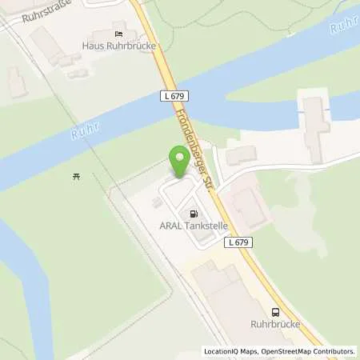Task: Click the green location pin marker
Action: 178,158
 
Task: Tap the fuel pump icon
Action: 194,214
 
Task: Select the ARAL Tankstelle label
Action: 190,227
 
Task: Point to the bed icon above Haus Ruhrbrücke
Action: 118,34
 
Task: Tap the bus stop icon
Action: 275,313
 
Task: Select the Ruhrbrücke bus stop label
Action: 274,326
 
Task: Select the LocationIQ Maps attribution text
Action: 231,351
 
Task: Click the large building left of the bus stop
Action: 228,300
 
